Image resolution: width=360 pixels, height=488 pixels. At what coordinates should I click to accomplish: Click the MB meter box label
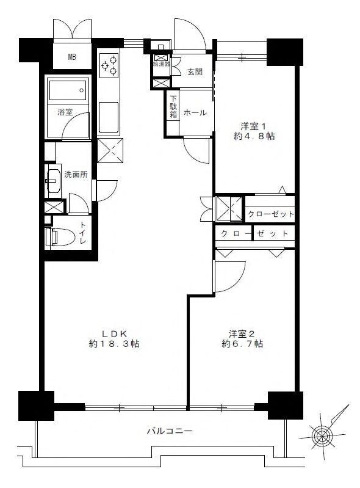72,57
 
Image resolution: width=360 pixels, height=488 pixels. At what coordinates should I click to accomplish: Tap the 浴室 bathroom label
65,112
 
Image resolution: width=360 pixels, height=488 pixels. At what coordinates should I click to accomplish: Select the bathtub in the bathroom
68,90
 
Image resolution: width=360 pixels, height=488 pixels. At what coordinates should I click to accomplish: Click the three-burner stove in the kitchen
109,65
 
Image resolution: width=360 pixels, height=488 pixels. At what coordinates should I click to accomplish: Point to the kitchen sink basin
109,117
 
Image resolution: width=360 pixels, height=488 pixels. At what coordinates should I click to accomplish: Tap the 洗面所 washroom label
76,175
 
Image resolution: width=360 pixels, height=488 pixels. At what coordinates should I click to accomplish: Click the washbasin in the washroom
53,181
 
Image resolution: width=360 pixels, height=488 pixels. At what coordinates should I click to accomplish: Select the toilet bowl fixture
60,237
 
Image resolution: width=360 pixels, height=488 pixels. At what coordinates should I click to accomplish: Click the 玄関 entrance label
195,72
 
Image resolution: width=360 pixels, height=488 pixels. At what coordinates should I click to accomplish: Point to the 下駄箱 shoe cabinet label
173,106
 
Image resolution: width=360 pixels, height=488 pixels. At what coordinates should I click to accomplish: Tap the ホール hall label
195,112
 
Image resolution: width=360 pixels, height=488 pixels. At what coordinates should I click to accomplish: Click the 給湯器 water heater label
161,64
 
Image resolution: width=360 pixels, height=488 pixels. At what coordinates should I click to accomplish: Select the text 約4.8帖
254,136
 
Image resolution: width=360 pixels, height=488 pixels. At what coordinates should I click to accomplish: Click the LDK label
114,334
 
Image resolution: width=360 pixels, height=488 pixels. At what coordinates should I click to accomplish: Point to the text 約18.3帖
113,344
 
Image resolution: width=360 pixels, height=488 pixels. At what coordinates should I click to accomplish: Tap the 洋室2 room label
242,334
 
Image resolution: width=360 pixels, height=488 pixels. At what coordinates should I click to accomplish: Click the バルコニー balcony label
170,431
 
